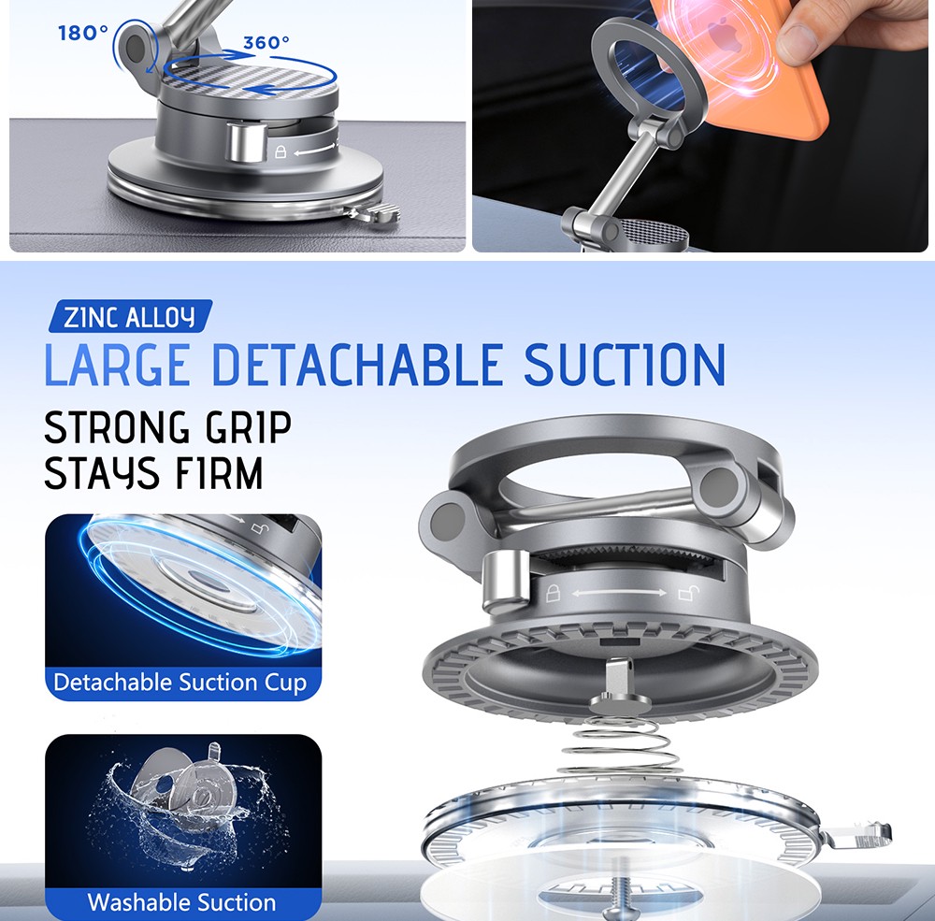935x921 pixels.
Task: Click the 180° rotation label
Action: pos(83,32)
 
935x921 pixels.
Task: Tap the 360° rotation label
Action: pos(266,42)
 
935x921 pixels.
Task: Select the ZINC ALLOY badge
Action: pos(130,316)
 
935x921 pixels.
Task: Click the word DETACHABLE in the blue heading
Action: pos(357,364)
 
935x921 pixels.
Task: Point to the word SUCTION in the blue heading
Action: pos(625,364)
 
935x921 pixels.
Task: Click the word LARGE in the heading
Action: pos(118,364)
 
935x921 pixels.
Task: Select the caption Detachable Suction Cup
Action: pos(180,682)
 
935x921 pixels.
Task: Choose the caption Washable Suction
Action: pos(182,902)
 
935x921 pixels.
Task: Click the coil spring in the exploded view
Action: pos(623,744)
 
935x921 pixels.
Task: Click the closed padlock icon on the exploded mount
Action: pos(554,593)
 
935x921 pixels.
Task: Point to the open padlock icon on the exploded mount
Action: pos(688,594)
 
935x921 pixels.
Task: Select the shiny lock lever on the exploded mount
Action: pos(506,582)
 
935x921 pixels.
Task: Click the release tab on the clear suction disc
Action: pos(859,835)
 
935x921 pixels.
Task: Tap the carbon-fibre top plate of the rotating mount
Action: pos(250,76)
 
